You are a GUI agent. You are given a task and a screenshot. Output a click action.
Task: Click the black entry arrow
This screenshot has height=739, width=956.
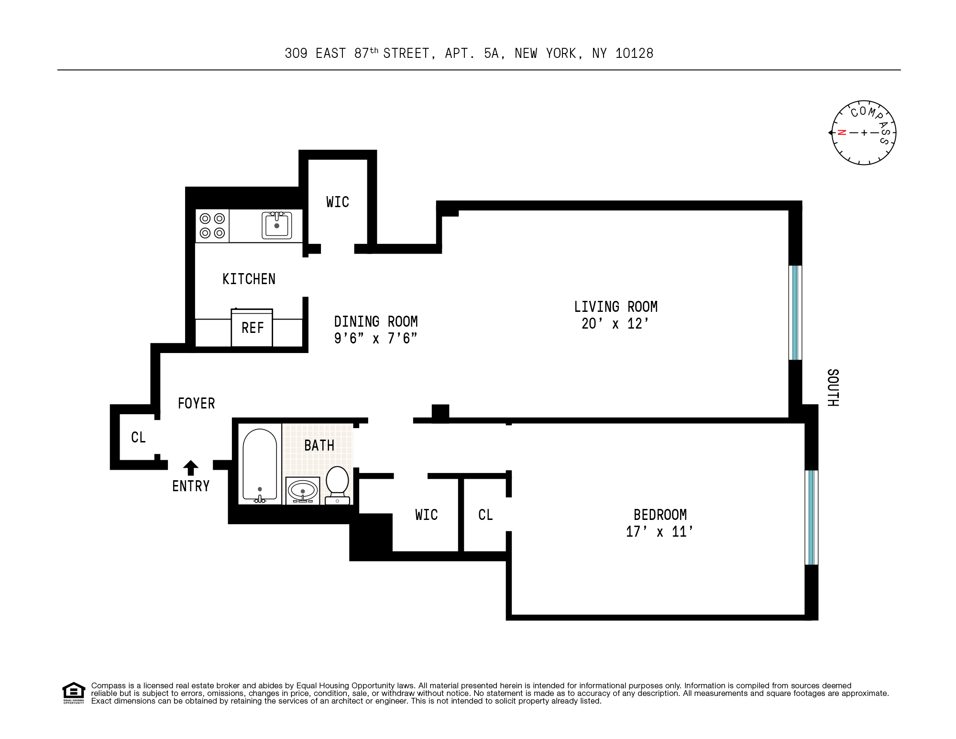click(191, 467)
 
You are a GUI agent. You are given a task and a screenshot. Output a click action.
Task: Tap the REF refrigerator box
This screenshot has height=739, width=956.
click(252, 328)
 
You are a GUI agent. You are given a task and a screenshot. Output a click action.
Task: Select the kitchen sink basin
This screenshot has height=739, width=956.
click(276, 226)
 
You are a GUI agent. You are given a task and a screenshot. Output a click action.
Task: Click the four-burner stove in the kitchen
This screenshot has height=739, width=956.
click(212, 226)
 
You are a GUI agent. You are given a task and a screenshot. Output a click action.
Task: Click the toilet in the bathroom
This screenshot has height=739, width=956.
click(337, 484)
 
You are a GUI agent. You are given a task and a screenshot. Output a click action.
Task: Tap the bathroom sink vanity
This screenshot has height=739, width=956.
click(303, 490)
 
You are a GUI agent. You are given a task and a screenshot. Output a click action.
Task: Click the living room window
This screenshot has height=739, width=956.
click(795, 312)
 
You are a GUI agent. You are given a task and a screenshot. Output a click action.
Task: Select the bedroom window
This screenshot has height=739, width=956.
click(811, 518)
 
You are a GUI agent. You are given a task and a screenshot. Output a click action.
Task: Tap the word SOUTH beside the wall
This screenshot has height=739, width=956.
click(833, 387)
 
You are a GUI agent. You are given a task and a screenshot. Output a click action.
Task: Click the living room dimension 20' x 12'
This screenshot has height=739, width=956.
click(615, 324)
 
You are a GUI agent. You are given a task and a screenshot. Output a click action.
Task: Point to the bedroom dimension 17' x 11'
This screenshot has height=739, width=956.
click(659, 532)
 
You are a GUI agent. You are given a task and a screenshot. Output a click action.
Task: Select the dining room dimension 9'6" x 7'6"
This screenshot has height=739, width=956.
click(375, 339)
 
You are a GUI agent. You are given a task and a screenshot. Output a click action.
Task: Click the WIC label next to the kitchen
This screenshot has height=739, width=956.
click(338, 202)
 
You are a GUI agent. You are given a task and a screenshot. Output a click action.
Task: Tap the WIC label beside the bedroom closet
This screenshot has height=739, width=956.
click(426, 515)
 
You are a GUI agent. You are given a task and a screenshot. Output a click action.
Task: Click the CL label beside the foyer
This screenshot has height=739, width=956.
click(138, 437)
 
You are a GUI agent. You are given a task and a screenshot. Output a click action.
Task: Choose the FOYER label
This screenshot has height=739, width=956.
click(196, 403)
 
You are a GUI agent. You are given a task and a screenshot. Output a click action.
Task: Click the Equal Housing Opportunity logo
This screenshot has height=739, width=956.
click(73, 693)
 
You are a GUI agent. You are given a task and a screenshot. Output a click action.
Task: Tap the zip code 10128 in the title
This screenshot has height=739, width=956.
click(634, 53)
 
